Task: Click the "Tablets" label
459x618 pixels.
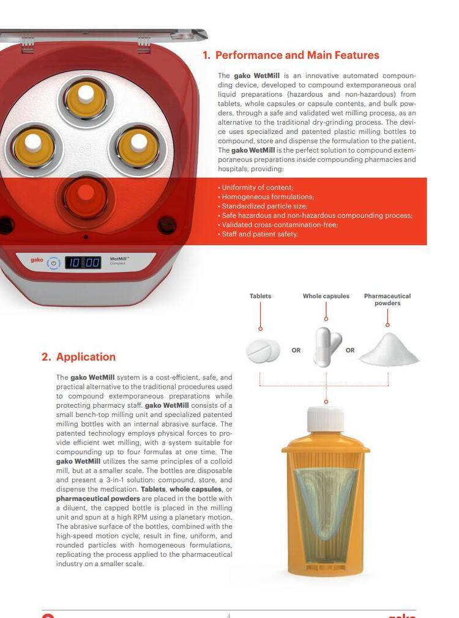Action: (x=260, y=296)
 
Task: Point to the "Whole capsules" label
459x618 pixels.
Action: (x=326, y=296)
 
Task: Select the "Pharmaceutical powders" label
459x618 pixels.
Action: (x=387, y=300)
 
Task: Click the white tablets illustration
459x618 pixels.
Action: (x=263, y=350)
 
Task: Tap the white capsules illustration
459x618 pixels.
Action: (x=327, y=347)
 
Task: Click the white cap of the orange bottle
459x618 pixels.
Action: (x=326, y=419)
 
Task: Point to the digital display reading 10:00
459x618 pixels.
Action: (x=83, y=262)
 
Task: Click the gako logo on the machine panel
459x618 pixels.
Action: (x=37, y=260)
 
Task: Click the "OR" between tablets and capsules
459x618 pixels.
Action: (x=296, y=350)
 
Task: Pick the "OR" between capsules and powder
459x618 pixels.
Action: (x=350, y=350)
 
